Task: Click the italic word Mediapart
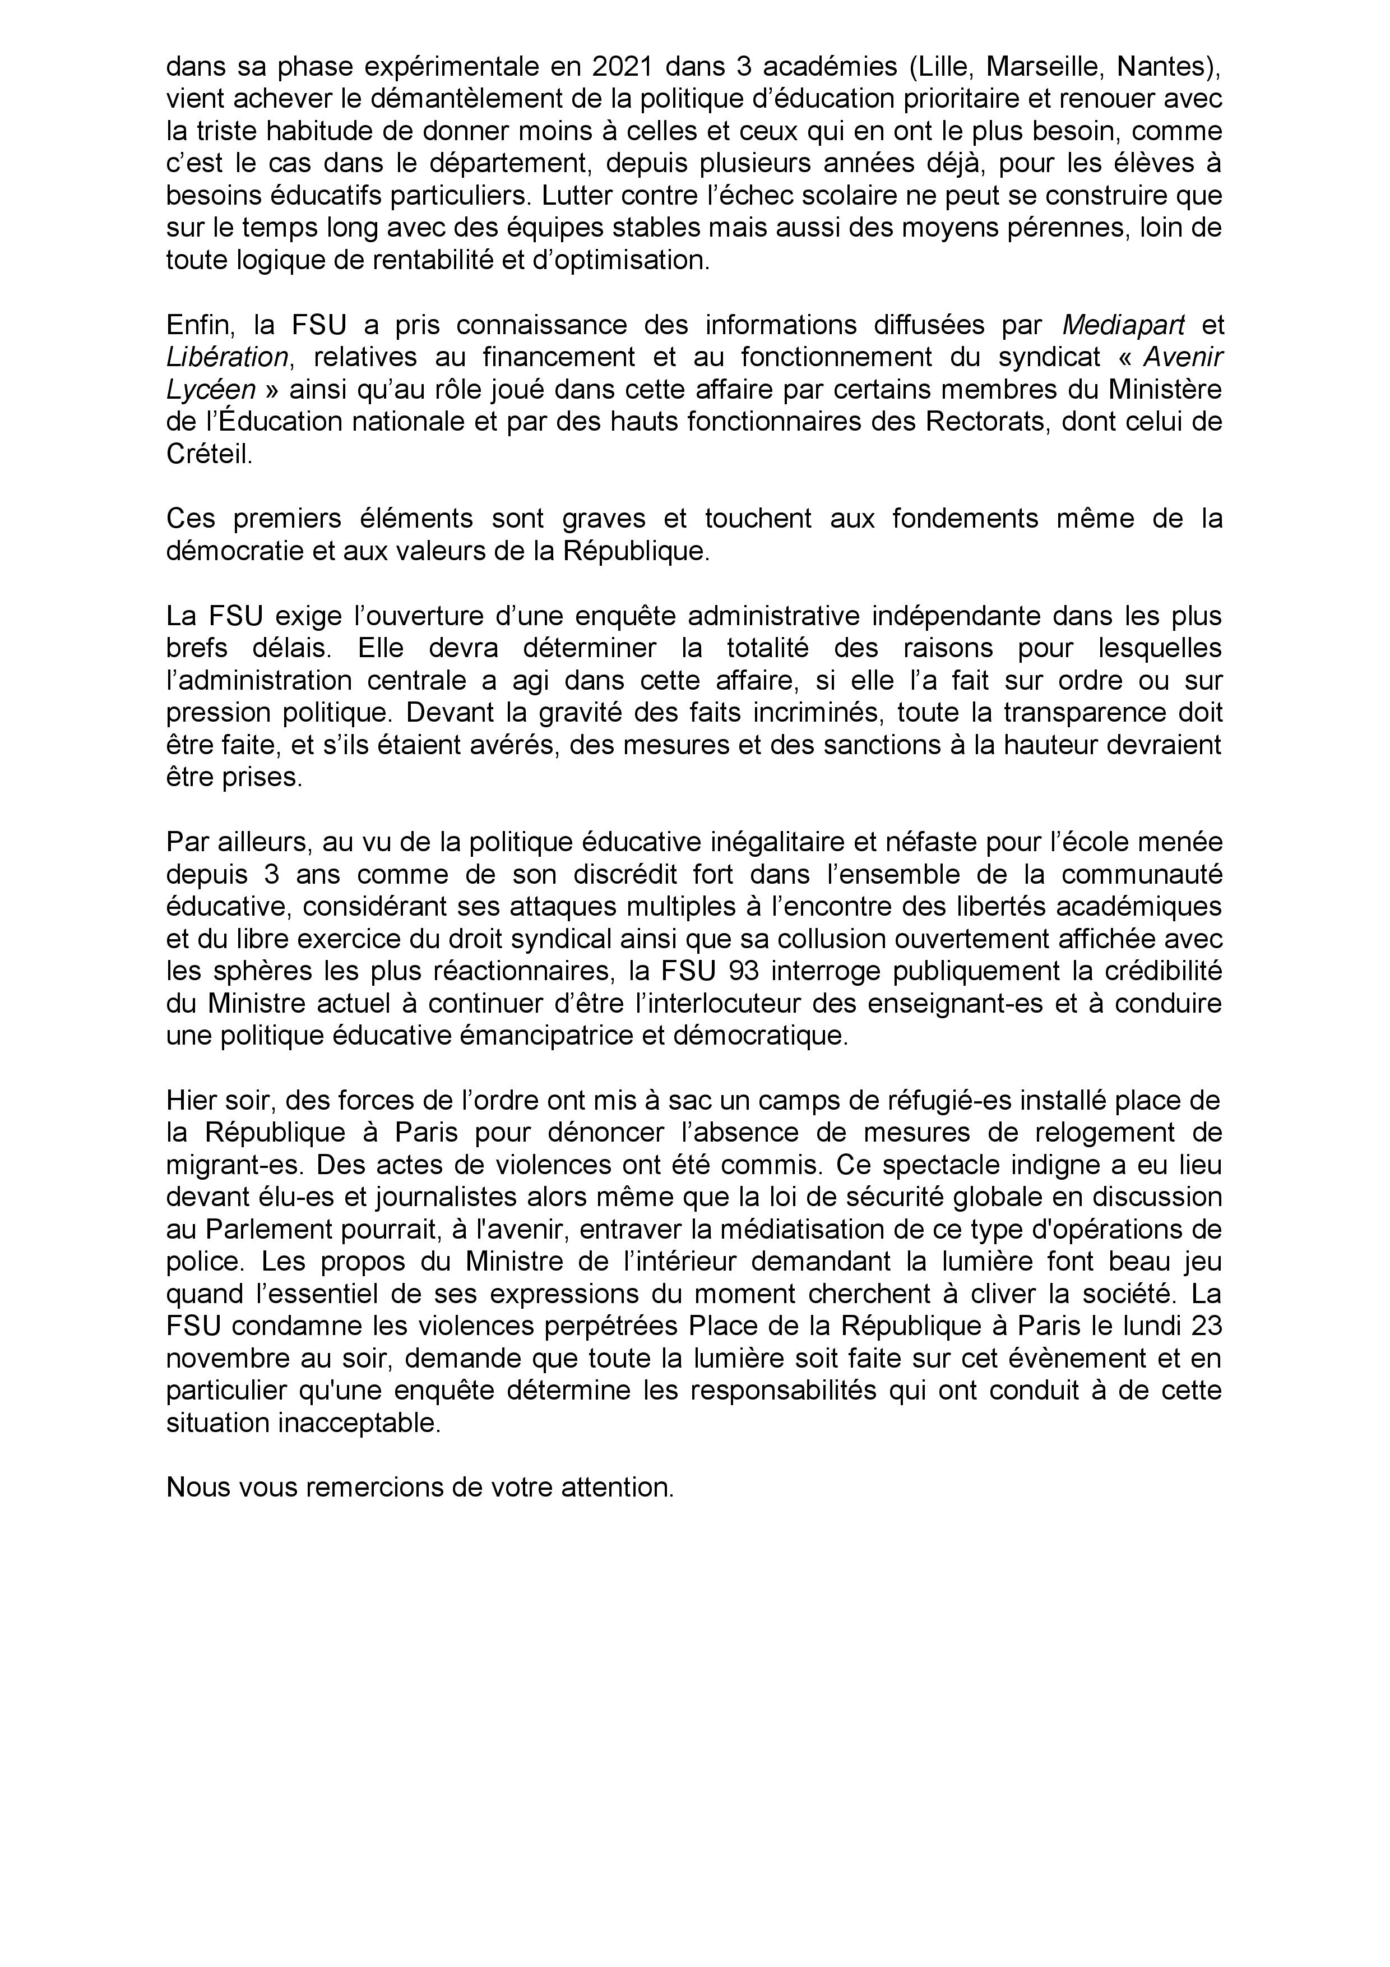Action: coord(1124,325)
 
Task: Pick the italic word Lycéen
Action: coord(211,390)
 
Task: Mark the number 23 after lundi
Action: coord(1205,1326)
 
